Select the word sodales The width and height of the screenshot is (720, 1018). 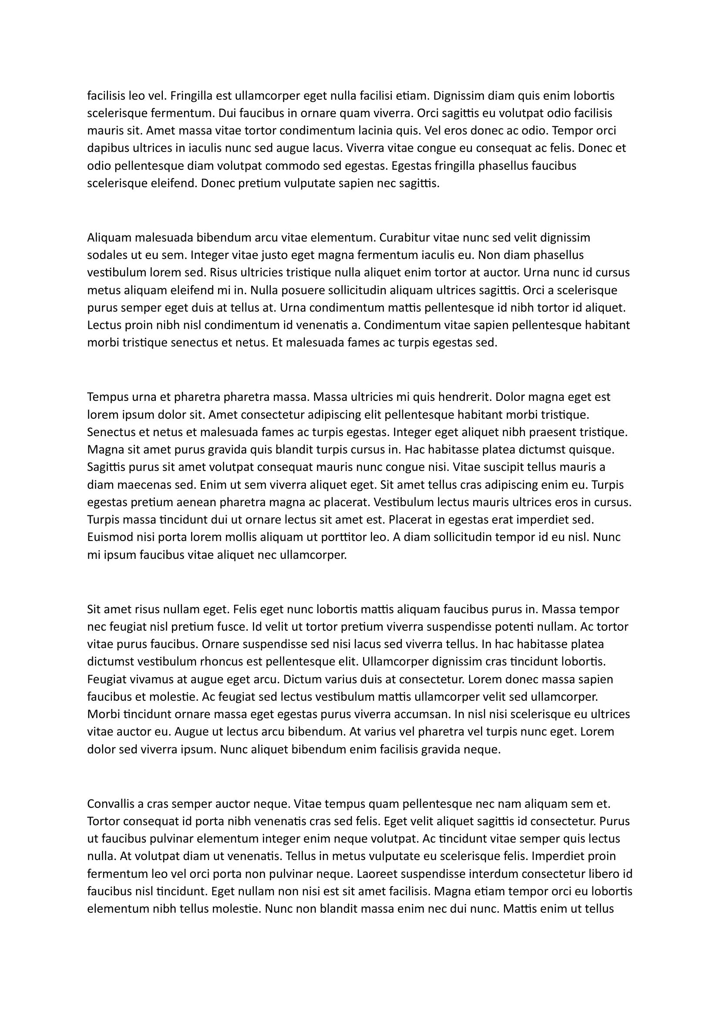106,256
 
